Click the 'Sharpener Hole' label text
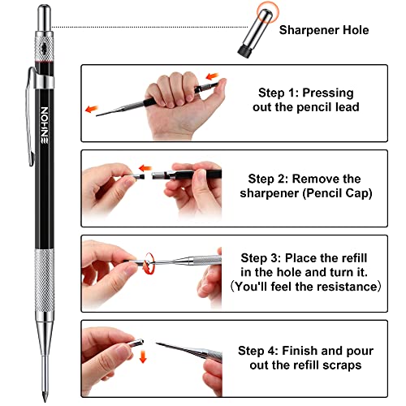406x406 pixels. point(323,30)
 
